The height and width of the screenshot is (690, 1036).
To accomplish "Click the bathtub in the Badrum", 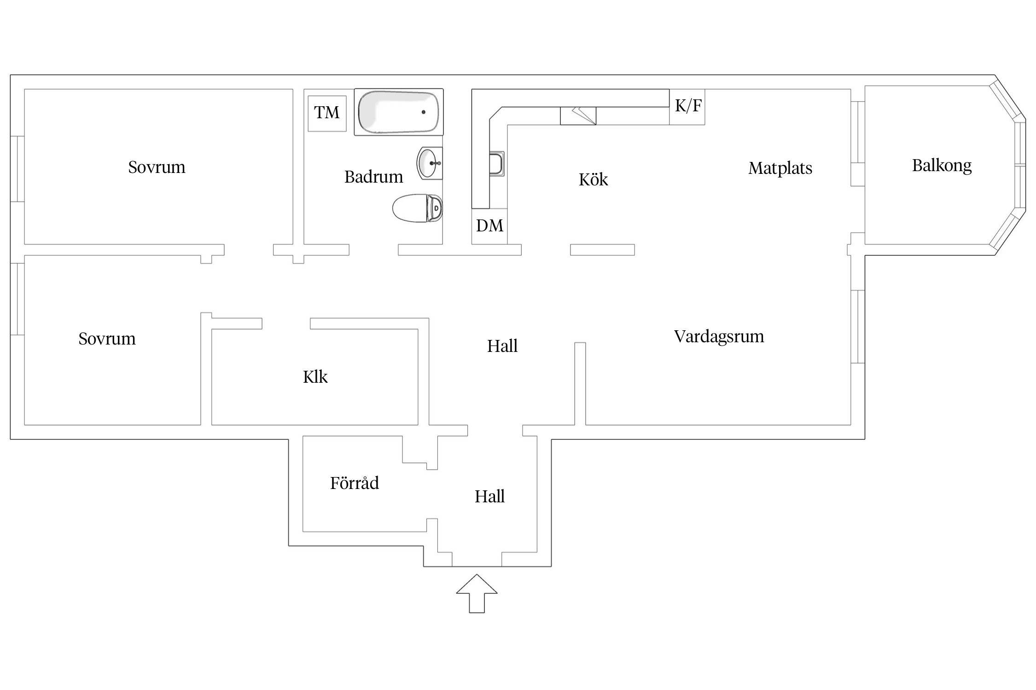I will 399,112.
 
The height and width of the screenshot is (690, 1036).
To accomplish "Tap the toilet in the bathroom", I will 417,208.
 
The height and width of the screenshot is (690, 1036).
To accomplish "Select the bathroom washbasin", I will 430,163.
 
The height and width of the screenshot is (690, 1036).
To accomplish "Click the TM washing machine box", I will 327,113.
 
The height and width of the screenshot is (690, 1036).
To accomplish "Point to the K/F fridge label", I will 688,106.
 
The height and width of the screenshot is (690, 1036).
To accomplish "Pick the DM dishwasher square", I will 489,226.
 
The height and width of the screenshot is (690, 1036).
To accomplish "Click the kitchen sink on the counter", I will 496,164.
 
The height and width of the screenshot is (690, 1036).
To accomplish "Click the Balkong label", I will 942,166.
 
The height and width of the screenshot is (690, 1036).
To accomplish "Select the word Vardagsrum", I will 719,336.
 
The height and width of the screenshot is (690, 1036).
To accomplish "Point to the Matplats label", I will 780,168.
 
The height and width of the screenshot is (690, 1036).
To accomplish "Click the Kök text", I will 593,179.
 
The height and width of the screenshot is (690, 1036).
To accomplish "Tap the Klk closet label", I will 315,377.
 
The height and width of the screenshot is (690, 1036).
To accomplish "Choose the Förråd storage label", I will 354,483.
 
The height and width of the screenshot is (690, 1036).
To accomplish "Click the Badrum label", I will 373,177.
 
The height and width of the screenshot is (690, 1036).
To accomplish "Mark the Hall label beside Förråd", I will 489,496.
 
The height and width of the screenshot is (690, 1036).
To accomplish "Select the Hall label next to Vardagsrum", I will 502,346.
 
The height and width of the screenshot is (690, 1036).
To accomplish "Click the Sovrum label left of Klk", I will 107,339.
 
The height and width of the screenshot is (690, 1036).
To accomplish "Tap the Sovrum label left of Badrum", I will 157,167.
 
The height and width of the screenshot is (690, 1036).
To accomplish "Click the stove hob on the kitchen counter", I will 578,115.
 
